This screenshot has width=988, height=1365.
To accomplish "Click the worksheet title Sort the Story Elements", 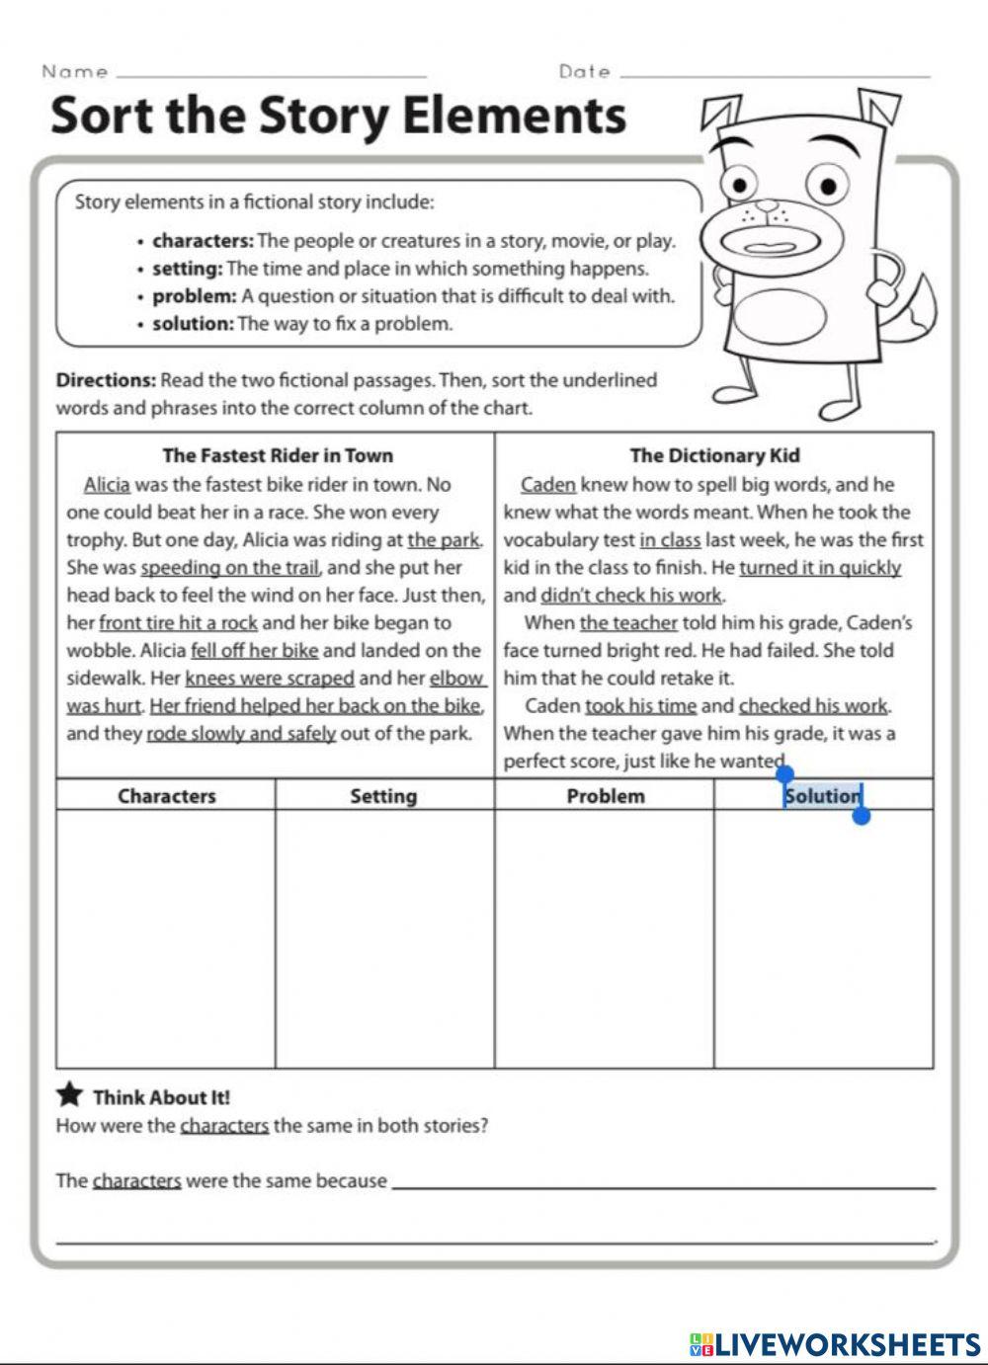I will pyautogui.click(x=338, y=116).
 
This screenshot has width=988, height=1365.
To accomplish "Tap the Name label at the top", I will pyautogui.click(x=75, y=71).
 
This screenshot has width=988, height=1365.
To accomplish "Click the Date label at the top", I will pyautogui.click(x=584, y=71).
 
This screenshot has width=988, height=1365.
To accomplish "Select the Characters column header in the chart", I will pyautogui.click(x=166, y=796).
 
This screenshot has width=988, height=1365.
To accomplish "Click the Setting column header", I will pyautogui.click(x=383, y=796).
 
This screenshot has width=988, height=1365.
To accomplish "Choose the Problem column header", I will pyautogui.click(x=605, y=796).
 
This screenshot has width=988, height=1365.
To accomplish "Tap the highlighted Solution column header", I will pyautogui.click(x=823, y=796).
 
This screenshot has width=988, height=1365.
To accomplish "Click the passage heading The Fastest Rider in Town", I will pyautogui.click(x=278, y=455).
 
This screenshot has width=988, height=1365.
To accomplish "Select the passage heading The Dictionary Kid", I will pyautogui.click(x=714, y=455).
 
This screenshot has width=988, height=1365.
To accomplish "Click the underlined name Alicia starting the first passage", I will pyautogui.click(x=107, y=484).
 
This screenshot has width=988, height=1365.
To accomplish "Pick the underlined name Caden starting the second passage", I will pyautogui.click(x=547, y=484).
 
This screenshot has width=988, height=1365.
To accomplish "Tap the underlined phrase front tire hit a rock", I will pyautogui.click(x=178, y=623).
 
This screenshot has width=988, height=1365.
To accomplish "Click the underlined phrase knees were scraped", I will pyautogui.click(x=269, y=679).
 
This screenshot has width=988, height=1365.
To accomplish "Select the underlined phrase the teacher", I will pyautogui.click(x=628, y=623).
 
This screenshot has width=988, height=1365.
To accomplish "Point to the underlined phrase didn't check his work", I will pyautogui.click(x=631, y=596).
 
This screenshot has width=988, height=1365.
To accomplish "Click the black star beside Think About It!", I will pyautogui.click(x=69, y=1094).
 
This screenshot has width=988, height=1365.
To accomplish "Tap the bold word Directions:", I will pyautogui.click(x=106, y=380).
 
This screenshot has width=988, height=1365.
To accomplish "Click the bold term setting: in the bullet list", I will pyautogui.click(x=187, y=269).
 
